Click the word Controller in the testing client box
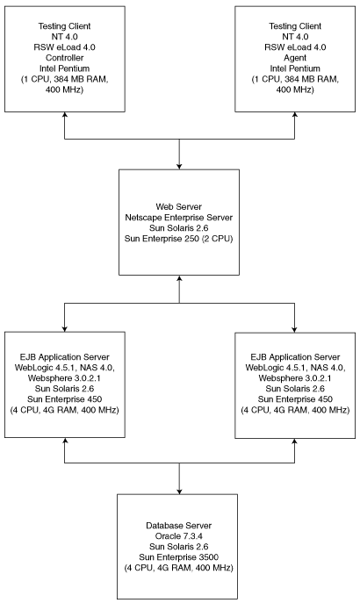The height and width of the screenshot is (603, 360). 65,58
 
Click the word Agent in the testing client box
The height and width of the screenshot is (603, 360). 295,58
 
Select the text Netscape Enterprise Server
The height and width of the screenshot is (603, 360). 179,218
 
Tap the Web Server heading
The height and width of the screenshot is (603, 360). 179,207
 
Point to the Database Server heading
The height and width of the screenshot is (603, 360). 179,525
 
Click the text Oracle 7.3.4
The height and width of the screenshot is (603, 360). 179,536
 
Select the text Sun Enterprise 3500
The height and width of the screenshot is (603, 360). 179,557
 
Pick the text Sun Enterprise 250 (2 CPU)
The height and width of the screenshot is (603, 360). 179,239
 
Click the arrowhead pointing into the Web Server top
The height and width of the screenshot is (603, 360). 179,167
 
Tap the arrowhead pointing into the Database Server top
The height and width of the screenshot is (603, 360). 179,492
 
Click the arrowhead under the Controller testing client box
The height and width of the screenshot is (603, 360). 65,115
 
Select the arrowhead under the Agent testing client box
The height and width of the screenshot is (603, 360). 295,115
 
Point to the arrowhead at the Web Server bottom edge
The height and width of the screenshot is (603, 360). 179,278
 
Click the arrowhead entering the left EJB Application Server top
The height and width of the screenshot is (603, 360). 65,329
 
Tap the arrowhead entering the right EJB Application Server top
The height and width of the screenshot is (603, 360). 295,329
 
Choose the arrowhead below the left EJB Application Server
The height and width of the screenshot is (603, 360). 65,441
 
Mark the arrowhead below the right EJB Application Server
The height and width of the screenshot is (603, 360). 295,441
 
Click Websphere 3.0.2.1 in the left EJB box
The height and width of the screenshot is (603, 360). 65,378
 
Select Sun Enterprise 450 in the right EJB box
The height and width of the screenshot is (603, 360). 295,399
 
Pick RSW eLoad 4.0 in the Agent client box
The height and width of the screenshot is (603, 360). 295,47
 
